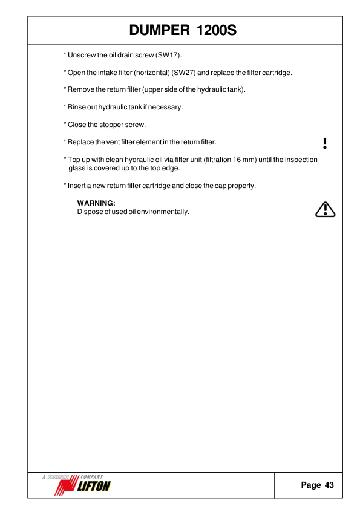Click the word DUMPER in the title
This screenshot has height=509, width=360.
[x=157, y=30]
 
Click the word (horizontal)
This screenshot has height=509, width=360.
[x=149, y=73]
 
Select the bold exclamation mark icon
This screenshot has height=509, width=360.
[x=325, y=143]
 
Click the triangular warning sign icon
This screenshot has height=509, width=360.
[x=326, y=209]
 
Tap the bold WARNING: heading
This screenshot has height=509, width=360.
[x=96, y=203]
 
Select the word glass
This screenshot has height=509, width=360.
[x=78, y=168]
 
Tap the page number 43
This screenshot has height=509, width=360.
[x=329, y=485]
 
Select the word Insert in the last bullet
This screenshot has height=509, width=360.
[x=77, y=186]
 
